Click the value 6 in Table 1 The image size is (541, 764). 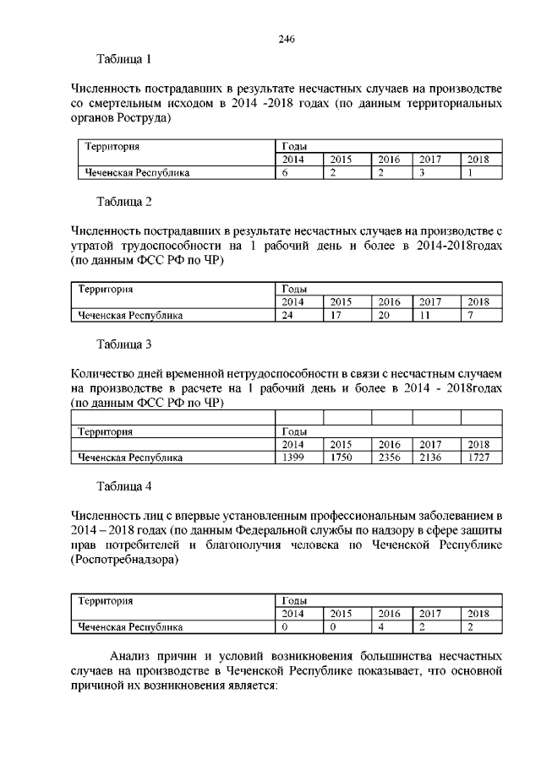click(285, 173)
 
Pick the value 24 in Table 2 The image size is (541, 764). click(287, 316)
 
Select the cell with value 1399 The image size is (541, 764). click(292, 458)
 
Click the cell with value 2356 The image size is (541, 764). click(389, 458)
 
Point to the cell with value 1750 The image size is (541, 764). click(342, 458)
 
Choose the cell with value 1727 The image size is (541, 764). click(478, 458)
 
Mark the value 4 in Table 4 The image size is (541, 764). click(381, 627)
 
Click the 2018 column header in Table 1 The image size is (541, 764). click(478, 159)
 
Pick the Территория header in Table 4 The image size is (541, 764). click(106, 600)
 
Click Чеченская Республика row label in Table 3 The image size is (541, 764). click(131, 458)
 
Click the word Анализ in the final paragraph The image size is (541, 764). click(132, 656)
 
